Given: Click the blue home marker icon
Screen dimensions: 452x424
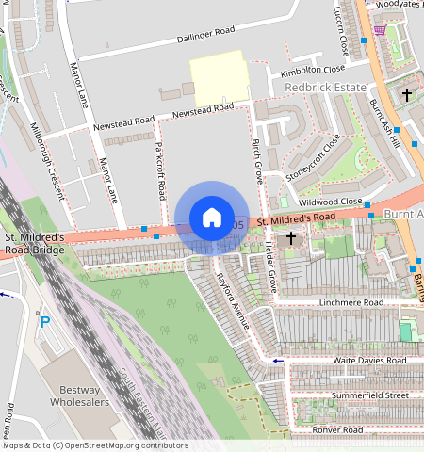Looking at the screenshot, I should click(x=212, y=218).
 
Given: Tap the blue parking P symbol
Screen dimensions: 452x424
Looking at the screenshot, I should click(x=44, y=322).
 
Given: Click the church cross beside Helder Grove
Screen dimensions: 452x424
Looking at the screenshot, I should click(x=292, y=238).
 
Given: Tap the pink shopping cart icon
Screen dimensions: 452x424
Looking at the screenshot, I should click(x=379, y=29).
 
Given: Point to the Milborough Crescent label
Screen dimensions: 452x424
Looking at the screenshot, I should click(x=46, y=160).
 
